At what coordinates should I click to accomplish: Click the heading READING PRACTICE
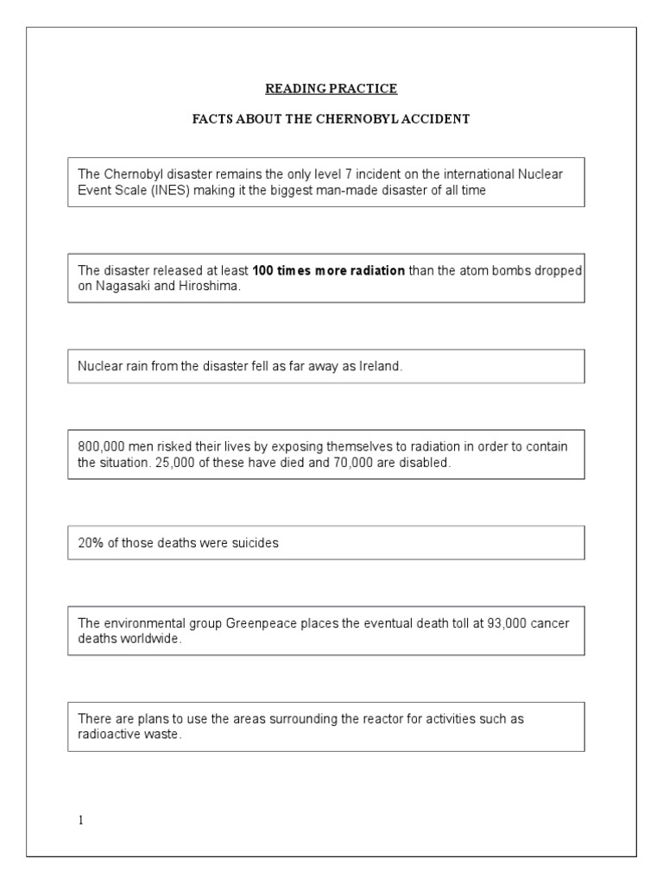tap(331, 89)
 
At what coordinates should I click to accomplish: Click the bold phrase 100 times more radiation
tap(329, 270)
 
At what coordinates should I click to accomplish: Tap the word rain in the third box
tap(134, 367)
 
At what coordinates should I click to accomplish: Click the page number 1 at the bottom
tap(81, 820)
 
